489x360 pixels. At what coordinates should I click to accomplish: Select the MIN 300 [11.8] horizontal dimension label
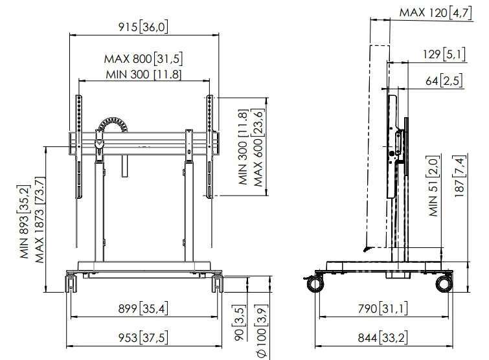(x=143, y=74)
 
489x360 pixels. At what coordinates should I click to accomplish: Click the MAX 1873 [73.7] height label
(x=40, y=220)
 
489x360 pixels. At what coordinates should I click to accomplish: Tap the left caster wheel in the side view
(x=315, y=284)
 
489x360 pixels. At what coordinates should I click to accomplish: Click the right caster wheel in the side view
(x=444, y=284)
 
